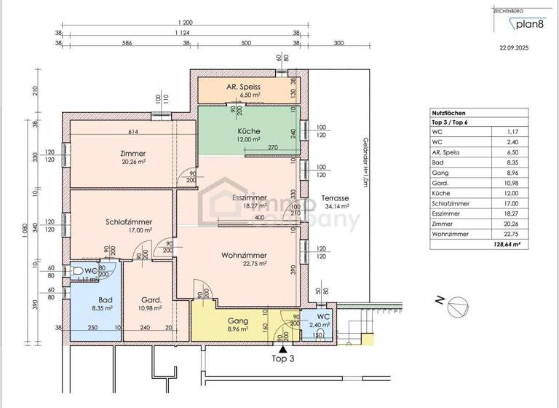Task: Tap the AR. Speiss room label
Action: (243, 86)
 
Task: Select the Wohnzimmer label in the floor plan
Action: (244, 255)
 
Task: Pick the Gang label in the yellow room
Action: (238, 321)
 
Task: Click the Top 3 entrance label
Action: (282, 359)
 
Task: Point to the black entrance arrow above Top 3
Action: (282, 349)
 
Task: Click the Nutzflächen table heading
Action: (448, 113)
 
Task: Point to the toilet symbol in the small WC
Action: (78, 270)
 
